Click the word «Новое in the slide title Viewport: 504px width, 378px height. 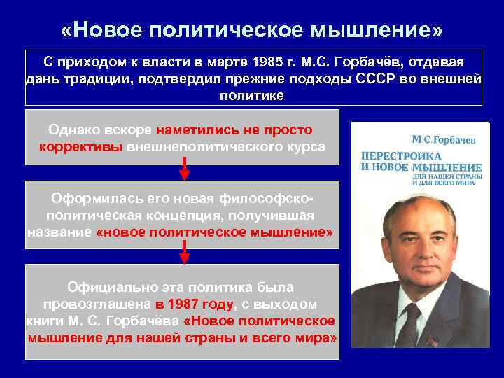(104, 29)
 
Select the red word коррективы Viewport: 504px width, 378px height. (81, 147)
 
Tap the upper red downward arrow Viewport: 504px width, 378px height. (184, 170)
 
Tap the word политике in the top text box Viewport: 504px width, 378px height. (253, 95)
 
